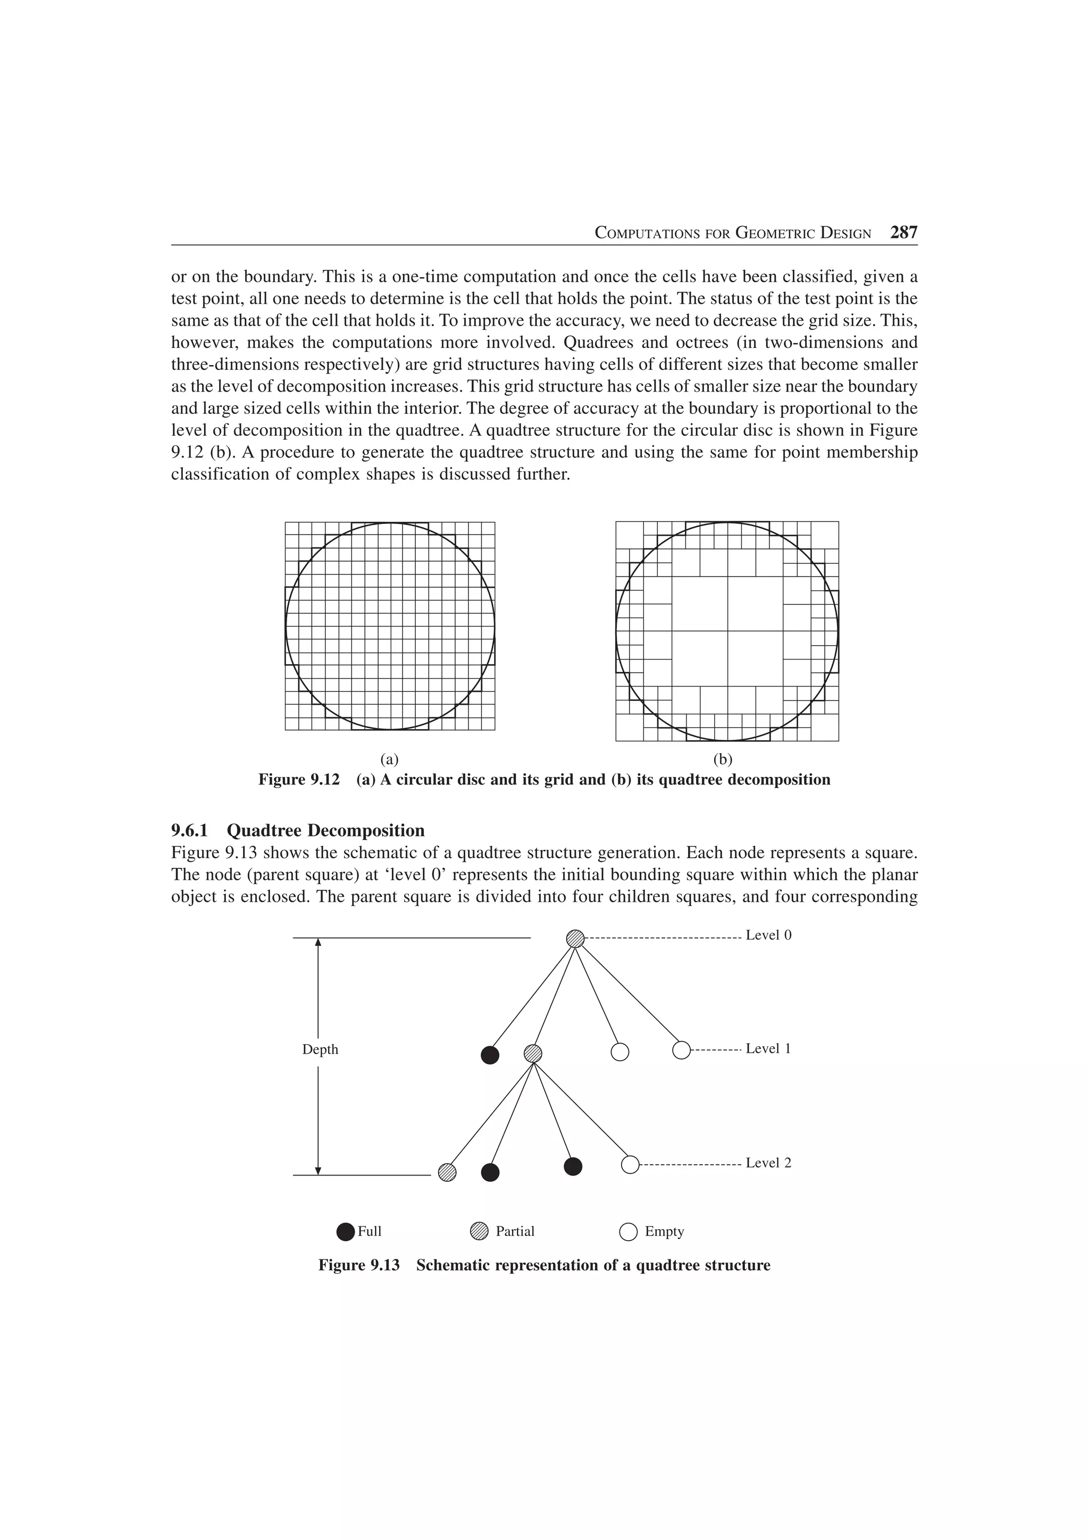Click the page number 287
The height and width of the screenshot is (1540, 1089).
903,233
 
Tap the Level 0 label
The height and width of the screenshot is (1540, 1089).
768,935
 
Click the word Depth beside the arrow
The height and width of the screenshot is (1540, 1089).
320,1050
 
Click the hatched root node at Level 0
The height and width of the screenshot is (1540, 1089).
575,938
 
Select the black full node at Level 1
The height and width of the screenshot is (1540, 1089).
490,1055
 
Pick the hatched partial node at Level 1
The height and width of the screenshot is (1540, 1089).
533,1053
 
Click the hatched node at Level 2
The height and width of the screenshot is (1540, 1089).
447,1171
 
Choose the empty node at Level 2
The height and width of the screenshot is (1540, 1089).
630,1164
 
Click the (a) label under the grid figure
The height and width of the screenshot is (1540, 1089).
389,759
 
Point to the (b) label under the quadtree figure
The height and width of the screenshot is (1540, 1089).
723,759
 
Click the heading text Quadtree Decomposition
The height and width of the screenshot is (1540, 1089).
325,831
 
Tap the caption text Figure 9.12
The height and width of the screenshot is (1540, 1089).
299,780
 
